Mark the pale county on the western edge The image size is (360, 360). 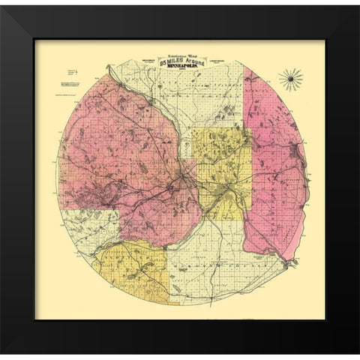86,229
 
